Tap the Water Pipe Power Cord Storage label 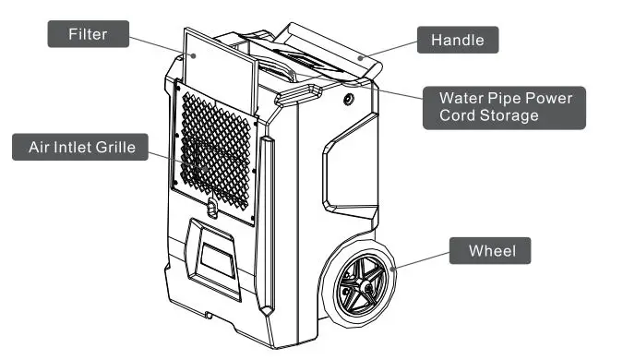coord(504,107)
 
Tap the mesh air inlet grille coord(215,148)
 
